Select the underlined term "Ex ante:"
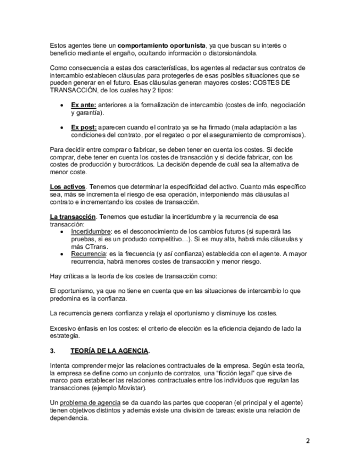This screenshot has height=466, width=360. click(84, 105)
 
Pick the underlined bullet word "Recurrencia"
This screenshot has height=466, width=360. click(88, 254)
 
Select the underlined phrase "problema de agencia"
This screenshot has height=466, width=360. click(85, 403)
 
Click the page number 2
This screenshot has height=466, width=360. click(308, 441)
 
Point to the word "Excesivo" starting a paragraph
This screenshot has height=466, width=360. click(63, 328)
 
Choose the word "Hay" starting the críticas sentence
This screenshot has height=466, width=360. click(55, 275)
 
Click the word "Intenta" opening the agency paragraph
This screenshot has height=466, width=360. click(60, 365)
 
